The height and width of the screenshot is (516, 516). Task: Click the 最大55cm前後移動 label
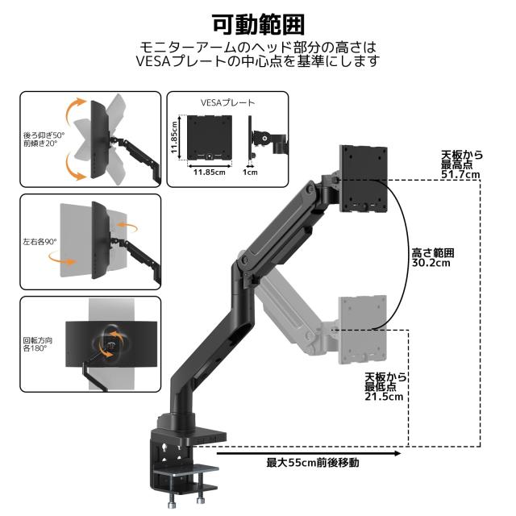[x=313, y=463]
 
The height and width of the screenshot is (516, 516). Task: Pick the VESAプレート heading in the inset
[x=227, y=103]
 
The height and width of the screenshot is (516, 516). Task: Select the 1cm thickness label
[x=252, y=171]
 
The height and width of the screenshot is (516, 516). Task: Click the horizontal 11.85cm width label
[x=209, y=171]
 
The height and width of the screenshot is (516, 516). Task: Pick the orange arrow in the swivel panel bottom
[x=60, y=259]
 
